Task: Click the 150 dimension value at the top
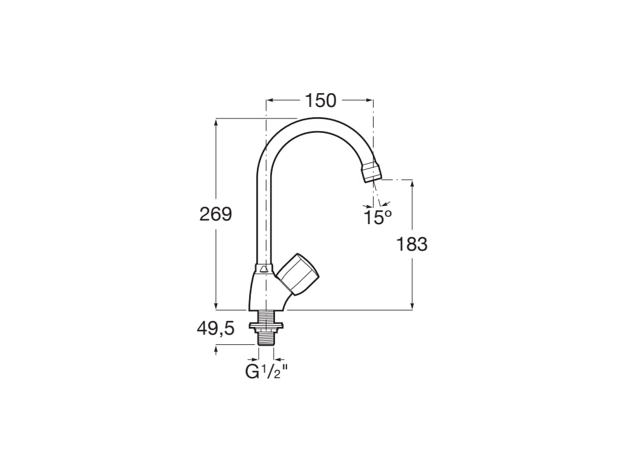pos(320,101)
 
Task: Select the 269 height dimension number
pos(216,214)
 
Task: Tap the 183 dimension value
pos(412,244)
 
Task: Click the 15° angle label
pos(378,217)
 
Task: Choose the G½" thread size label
pos(265,371)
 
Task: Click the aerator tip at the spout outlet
pos(371,172)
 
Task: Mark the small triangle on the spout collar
pos(264,268)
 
